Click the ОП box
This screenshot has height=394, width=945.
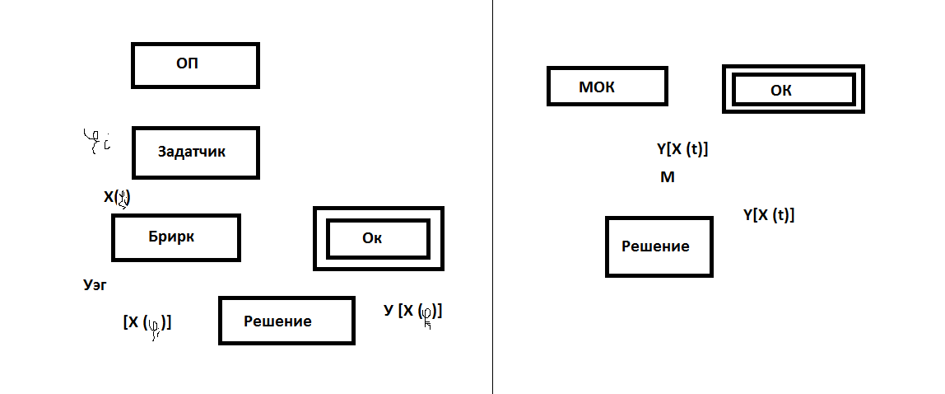click(195, 65)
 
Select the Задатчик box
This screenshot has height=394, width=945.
click(196, 152)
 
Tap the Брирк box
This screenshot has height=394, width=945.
click(175, 237)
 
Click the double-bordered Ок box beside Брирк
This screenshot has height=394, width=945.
click(378, 238)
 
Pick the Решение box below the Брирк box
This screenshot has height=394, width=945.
click(286, 320)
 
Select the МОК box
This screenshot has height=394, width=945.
click(607, 86)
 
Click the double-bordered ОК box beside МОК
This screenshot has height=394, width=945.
click(793, 89)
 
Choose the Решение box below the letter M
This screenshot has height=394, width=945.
click(659, 246)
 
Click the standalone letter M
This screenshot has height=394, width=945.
click(668, 177)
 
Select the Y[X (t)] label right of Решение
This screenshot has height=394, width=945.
click(768, 215)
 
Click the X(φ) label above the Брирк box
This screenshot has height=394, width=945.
click(118, 197)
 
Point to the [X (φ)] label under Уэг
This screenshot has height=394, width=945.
click(147, 323)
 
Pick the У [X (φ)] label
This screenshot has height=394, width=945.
click(412, 312)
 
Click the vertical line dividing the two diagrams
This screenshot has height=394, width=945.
click(493, 198)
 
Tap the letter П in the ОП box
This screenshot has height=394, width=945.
click(193, 64)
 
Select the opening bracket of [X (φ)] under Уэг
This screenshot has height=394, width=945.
click(125, 322)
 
